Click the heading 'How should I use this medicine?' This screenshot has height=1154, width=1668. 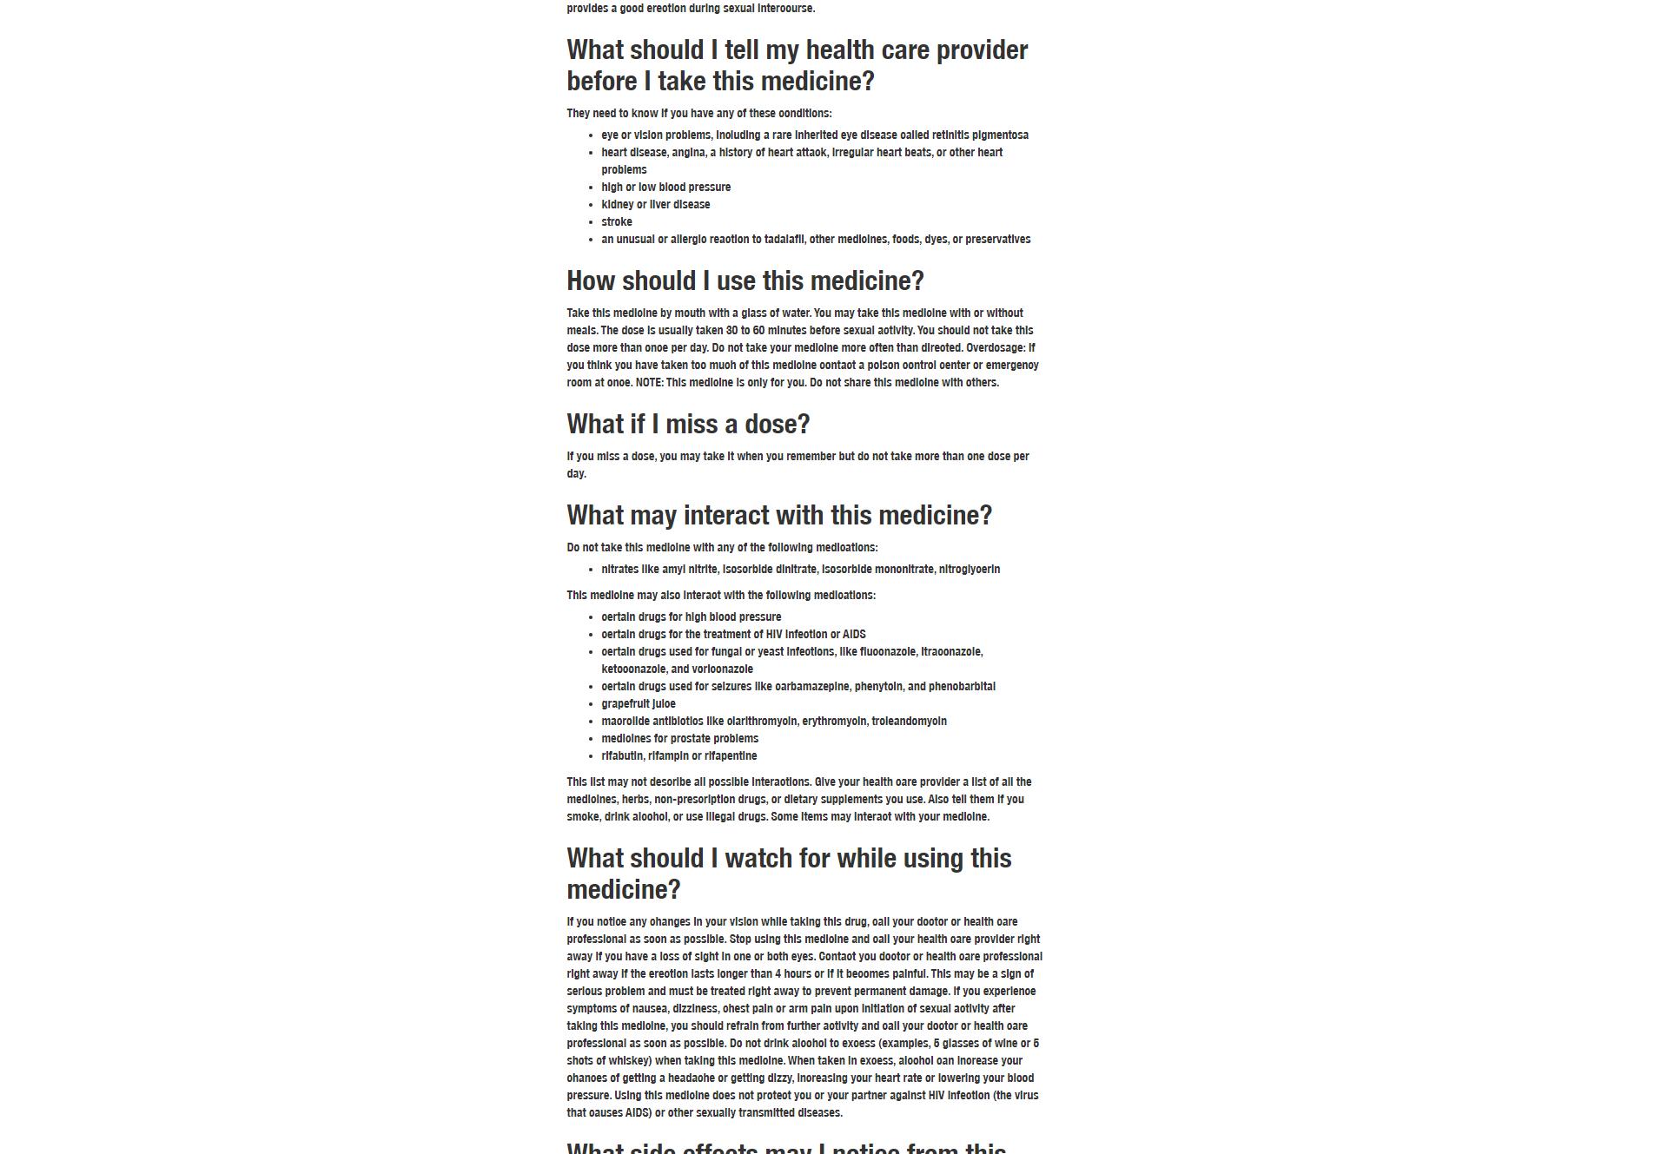click(745, 281)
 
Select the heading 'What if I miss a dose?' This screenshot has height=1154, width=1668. click(688, 425)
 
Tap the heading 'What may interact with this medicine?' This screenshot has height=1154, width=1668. click(778, 516)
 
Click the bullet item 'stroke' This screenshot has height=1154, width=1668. click(616, 222)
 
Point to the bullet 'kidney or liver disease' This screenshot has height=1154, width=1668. click(655, 205)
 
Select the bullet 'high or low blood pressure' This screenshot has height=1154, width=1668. click(665, 188)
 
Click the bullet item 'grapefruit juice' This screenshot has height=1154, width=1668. click(638, 704)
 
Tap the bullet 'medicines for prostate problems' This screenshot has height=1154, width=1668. click(679, 739)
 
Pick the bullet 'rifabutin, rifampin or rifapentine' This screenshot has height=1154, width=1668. click(678, 756)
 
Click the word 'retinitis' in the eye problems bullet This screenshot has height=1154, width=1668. click(950, 135)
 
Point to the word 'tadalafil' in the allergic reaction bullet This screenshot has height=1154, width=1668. click(784, 240)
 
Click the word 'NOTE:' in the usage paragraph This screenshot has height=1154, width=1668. click(649, 383)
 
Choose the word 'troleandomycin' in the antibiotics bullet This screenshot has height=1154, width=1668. click(909, 722)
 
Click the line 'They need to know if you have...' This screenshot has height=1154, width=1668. click(698, 114)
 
